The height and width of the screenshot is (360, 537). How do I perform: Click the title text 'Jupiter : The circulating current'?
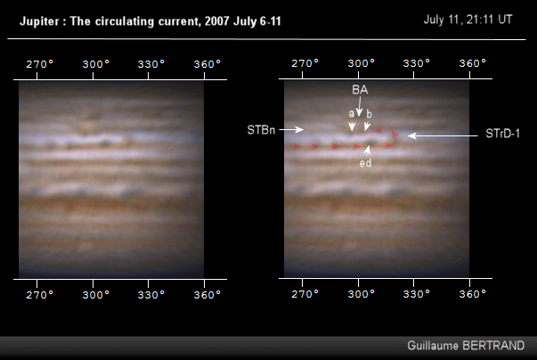pyautogui.click(x=134, y=20)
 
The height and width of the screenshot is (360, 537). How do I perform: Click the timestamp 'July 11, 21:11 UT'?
pyautogui.click(x=468, y=19)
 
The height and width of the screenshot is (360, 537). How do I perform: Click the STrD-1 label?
pyautogui.click(x=503, y=135)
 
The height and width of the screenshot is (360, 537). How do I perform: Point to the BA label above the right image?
pyautogui.click(x=359, y=91)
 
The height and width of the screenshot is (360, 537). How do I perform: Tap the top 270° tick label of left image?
pyautogui.click(x=39, y=64)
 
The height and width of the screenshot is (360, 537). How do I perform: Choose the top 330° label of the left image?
pyautogui.click(x=151, y=64)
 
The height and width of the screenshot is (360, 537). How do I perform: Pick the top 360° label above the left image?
pyautogui.click(x=207, y=64)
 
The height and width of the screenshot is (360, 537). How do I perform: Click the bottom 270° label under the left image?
pyautogui.click(x=39, y=294)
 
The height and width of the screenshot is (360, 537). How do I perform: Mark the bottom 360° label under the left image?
pyautogui.click(x=207, y=294)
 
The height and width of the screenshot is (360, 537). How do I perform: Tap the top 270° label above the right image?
pyautogui.click(x=305, y=64)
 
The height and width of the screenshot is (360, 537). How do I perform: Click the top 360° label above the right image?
pyautogui.click(x=471, y=64)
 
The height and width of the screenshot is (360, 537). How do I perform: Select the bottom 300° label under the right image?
pyautogui.click(x=360, y=294)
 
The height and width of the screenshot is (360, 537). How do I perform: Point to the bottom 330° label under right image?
pyautogui.click(x=416, y=294)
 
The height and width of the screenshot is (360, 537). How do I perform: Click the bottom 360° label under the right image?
pyautogui.click(x=471, y=294)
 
